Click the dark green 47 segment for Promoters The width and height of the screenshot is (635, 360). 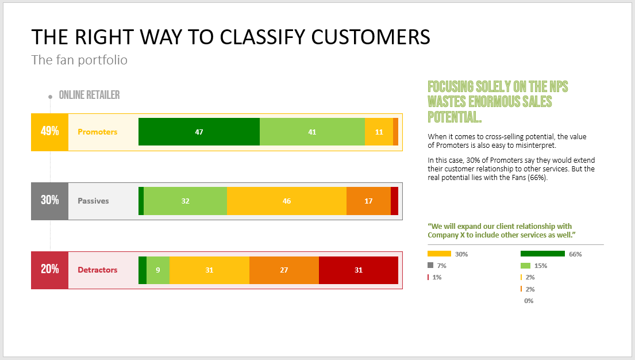click(199, 132)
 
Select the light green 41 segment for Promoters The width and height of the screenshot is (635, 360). click(312, 132)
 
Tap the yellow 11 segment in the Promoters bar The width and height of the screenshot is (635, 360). click(379, 132)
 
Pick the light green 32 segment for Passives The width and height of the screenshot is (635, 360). click(185, 201)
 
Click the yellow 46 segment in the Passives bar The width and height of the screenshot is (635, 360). click(286, 201)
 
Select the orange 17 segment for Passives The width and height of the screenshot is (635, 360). click(368, 201)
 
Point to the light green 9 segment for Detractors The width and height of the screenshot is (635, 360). click(158, 270)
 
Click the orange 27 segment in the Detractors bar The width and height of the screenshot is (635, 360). click(284, 270)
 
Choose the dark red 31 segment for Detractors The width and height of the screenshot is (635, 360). click(359, 270)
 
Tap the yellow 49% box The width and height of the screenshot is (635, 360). click(50, 132)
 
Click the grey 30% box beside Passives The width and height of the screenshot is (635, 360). click(50, 201)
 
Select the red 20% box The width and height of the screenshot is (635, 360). click(50, 270)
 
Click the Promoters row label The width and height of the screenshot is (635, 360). click(97, 132)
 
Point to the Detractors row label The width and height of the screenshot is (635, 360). click(97, 270)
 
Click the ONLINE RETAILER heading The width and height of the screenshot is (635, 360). click(89, 95)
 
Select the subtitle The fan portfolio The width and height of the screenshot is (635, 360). click(79, 60)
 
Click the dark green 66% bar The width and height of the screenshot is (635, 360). click(542, 254)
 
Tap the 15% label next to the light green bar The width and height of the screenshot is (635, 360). click(541, 266)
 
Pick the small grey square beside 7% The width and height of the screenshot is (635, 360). click(430, 265)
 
